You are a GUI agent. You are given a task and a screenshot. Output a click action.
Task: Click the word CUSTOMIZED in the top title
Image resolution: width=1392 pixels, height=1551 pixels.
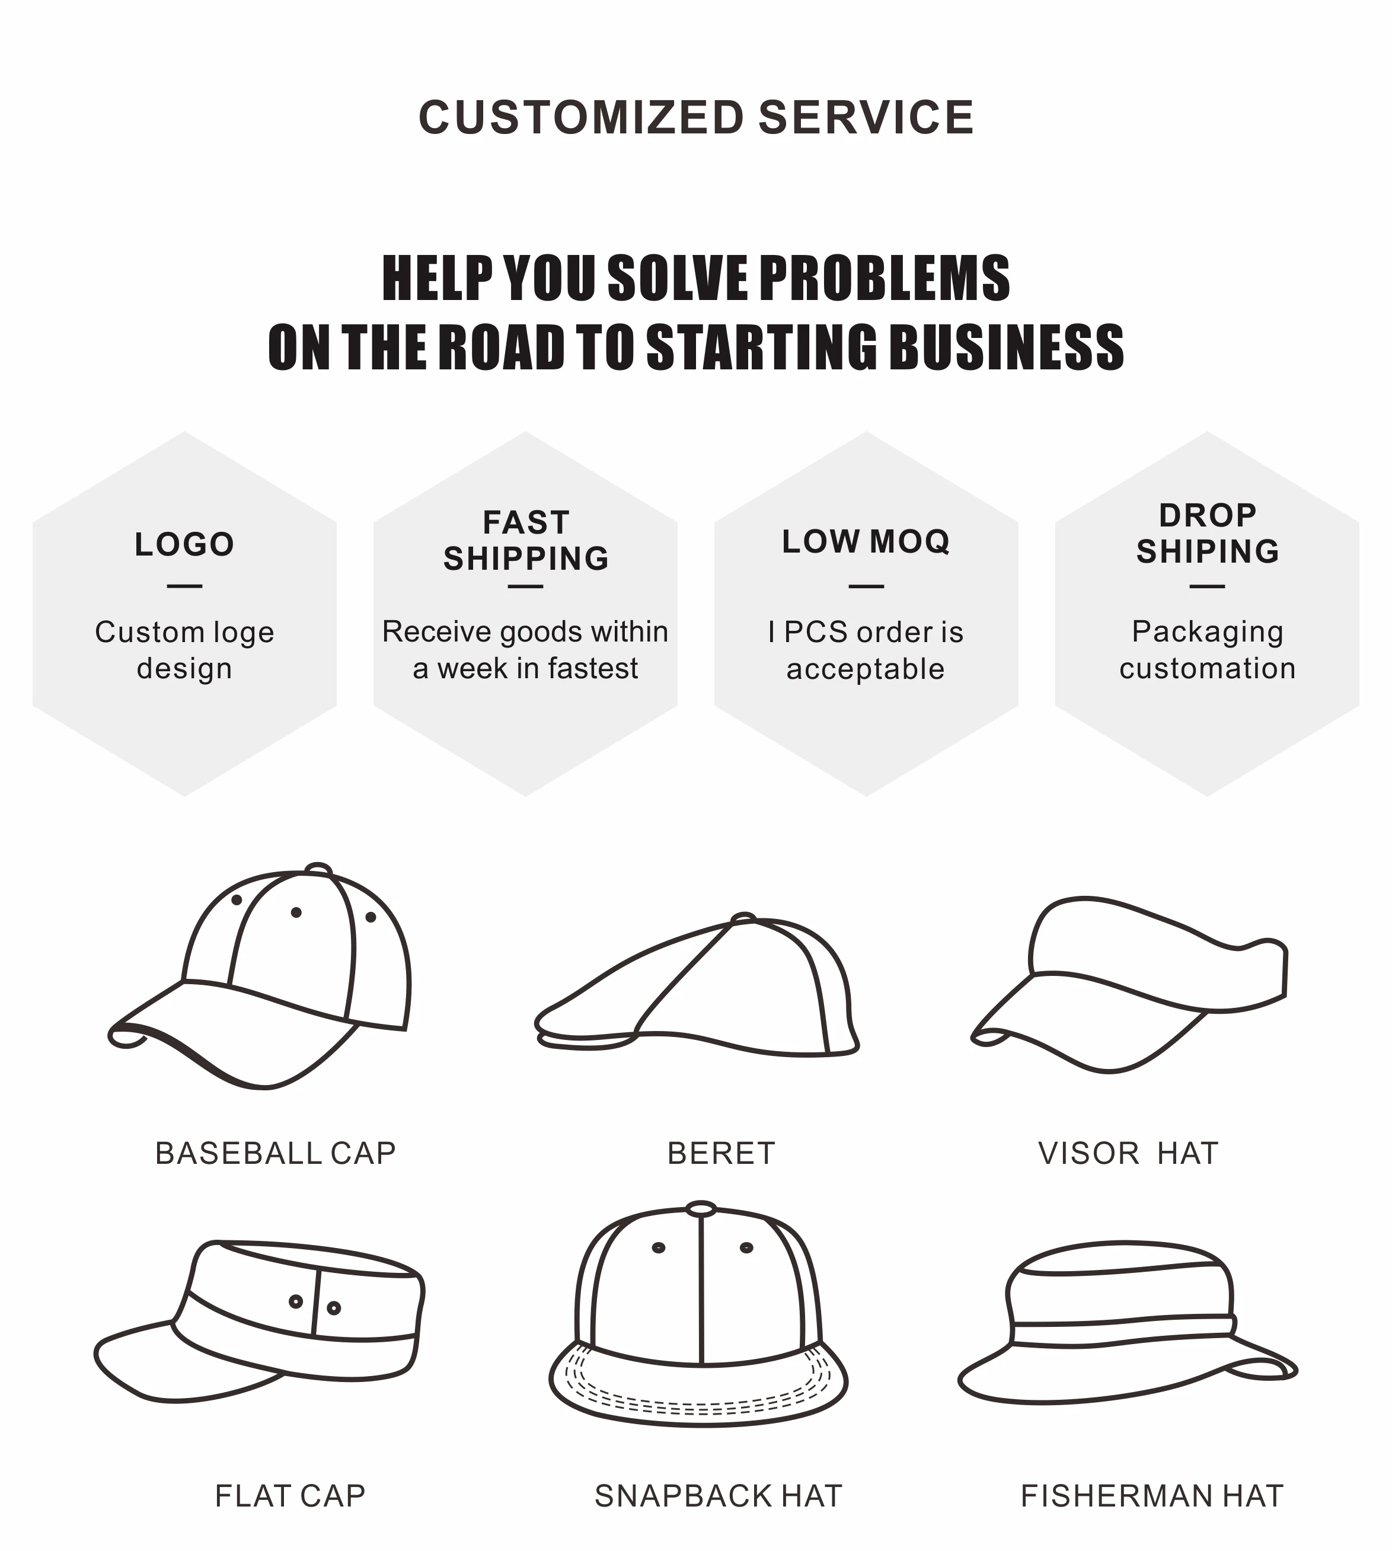tap(581, 118)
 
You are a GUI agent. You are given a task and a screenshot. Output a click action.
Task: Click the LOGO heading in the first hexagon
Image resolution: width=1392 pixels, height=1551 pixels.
tap(184, 544)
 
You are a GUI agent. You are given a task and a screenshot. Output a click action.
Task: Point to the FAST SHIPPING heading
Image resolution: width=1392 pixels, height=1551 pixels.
tap(525, 541)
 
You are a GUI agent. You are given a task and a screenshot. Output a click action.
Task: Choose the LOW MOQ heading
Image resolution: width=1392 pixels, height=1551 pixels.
tap(866, 541)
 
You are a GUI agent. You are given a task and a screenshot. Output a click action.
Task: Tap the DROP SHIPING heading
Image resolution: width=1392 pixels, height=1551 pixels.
tap(1207, 534)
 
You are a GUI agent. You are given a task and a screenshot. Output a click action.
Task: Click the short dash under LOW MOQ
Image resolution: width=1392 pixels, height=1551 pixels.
tap(866, 586)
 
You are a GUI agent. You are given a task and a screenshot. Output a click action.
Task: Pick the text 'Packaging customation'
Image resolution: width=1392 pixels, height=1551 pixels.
tap(1207, 650)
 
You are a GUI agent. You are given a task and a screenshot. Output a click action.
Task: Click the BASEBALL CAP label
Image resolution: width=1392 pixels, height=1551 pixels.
tap(275, 1153)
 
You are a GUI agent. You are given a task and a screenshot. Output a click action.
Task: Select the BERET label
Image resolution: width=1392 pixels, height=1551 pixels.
tap(721, 1153)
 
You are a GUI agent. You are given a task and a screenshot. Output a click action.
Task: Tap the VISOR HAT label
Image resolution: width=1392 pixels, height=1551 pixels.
tap(1128, 1153)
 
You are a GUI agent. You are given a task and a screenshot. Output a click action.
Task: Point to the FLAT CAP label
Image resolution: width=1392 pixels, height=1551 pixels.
tap(290, 1496)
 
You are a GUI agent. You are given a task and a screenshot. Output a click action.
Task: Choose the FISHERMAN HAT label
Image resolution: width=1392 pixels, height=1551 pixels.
tap(1152, 1496)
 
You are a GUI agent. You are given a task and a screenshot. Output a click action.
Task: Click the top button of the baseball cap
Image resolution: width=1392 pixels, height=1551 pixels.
tap(318, 870)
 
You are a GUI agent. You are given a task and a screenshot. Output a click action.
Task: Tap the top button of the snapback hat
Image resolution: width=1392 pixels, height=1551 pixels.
tap(701, 1209)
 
